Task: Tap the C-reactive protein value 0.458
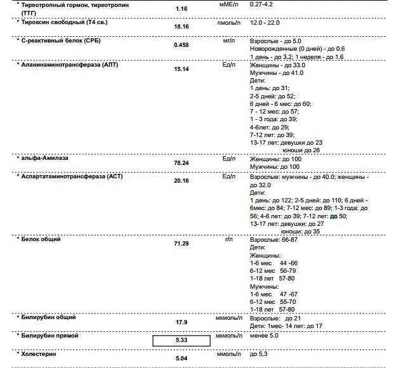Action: click(x=181, y=46)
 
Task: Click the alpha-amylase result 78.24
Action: click(x=181, y=162)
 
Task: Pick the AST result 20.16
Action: click(x=181, y=181)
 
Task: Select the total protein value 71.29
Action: click(x=181, y=244)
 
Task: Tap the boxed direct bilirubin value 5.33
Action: click(x=181, y=340)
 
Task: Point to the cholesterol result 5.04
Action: click(x=181, y=358)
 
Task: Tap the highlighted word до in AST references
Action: click(x=334, y=216)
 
